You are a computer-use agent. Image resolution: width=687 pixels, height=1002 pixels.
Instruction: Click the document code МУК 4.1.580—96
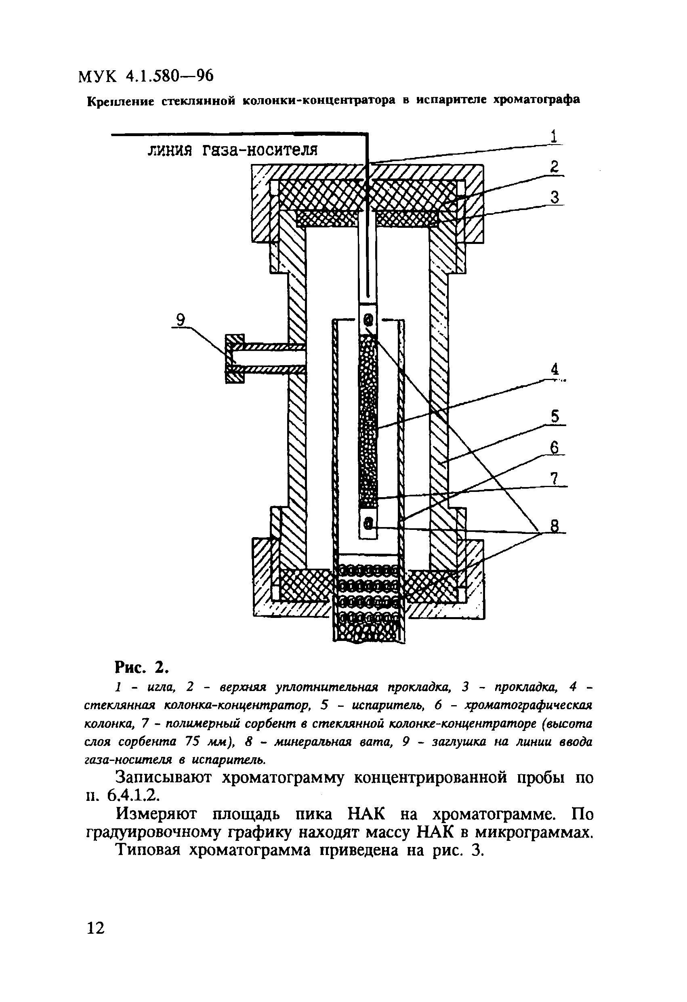click(x=146, y=77)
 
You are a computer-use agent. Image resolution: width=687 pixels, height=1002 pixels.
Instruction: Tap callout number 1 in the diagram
click(x=554, y=137)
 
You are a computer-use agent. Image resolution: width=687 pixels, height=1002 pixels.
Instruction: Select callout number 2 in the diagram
click(x=554, y=167)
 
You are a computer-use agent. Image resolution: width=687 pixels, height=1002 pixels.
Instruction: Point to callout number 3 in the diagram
click(x=555, y=197)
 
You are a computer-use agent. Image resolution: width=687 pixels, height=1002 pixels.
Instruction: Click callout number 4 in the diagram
click(x=555, y=370)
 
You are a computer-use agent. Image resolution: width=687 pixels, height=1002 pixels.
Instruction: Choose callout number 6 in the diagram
click(x=555, y=448)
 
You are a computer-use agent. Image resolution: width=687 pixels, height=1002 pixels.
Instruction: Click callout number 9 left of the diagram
click(x=181, y=320)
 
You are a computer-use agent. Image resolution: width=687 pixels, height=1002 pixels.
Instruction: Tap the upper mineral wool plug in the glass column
click(x=368, y=320)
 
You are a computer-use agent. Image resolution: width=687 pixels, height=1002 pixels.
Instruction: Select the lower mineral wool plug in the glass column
click(x=368, y=523)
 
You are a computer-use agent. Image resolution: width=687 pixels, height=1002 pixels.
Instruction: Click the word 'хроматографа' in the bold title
click(x=536, y=100)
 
